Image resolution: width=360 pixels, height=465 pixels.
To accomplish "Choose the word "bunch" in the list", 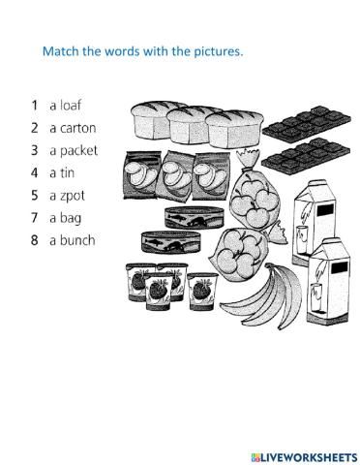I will [x=78, y=240].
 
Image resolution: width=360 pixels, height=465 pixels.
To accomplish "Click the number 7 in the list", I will [x=35, y=217].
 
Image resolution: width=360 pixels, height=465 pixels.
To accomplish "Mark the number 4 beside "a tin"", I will [x=35, y=172].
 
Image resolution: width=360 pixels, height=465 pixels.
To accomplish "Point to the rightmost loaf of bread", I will [x=232, y=127].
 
